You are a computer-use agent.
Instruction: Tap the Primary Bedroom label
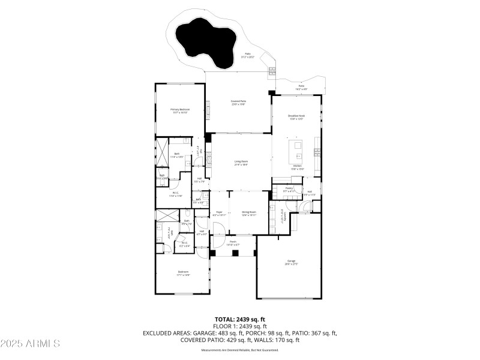point(179,110)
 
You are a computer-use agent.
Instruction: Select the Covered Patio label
point(239,102)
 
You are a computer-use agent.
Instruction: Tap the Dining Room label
point(249,212)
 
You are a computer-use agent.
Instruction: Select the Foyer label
point(220,212)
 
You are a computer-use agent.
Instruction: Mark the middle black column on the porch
point(235,253)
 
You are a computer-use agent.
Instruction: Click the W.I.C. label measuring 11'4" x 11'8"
point(175,194)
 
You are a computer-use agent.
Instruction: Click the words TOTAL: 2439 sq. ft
point(239,319)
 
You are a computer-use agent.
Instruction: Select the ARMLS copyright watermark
point(30,344)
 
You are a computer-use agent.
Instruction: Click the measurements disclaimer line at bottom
point(239,350)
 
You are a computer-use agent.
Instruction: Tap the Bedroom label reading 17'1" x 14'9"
point(183,274)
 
